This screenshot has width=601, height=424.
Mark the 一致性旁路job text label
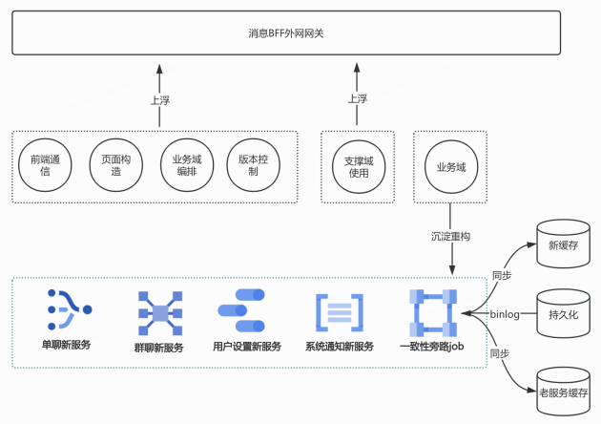click(x=431, y=347)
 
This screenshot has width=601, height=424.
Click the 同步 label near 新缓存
click(x=501, y=273)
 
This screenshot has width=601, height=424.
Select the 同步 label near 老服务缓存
click(x=501, y=353)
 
